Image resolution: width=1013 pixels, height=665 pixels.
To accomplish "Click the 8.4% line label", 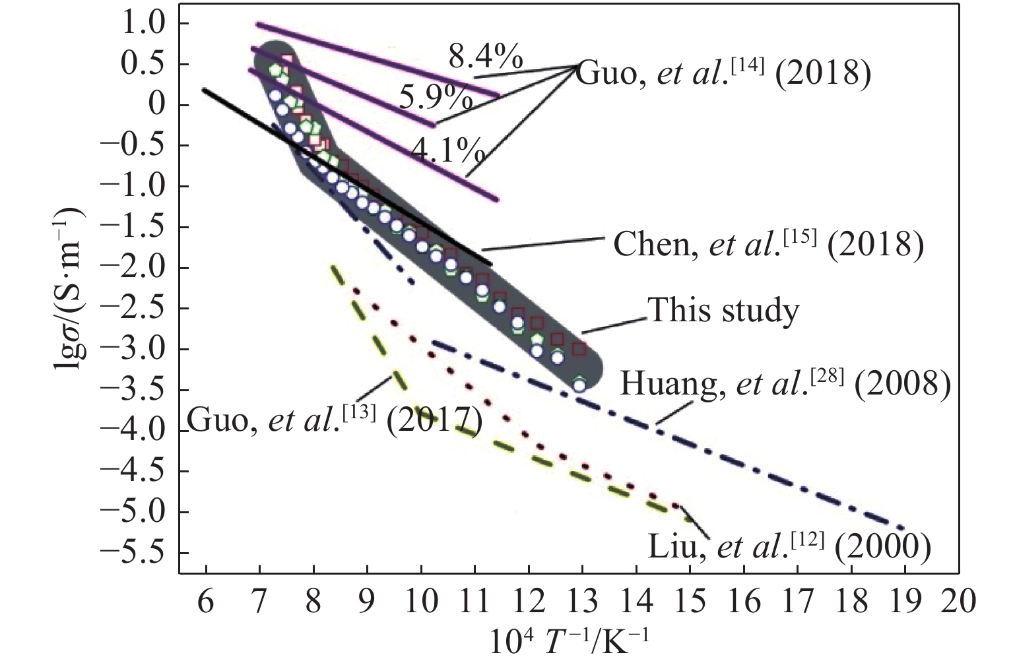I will (x=486, y=58).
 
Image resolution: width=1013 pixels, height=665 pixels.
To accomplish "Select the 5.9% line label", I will (x=436, y=100).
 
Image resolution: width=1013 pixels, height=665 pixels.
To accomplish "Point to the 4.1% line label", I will (x=448, y=151).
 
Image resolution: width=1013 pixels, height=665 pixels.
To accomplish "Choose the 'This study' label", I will (x=723, y=310).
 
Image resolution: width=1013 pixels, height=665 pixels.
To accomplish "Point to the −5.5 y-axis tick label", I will (x=147, y=553).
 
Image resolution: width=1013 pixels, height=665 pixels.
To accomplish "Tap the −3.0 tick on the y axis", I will (x=147, y=350).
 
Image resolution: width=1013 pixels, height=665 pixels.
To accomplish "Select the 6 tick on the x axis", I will (x=206, y=602).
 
